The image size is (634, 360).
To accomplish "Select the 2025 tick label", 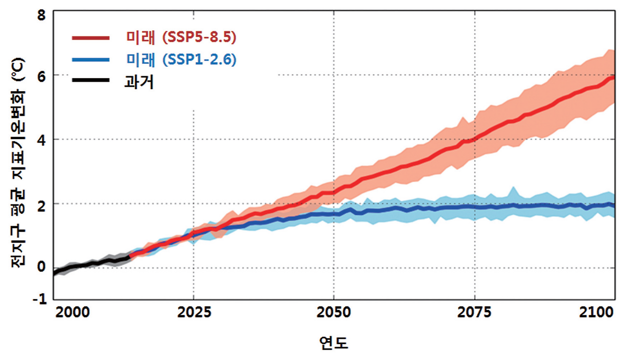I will [193, 313].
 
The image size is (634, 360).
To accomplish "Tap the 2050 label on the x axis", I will [334, 313].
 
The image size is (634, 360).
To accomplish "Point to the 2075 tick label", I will [475, 313].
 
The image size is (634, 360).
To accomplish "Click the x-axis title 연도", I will [334, 343].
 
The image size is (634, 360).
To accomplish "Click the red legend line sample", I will [89, 38].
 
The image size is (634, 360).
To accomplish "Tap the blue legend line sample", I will [89, 60].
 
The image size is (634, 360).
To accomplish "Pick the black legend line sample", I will [89, 82].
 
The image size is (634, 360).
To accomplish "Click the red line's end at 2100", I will [613, 78].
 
